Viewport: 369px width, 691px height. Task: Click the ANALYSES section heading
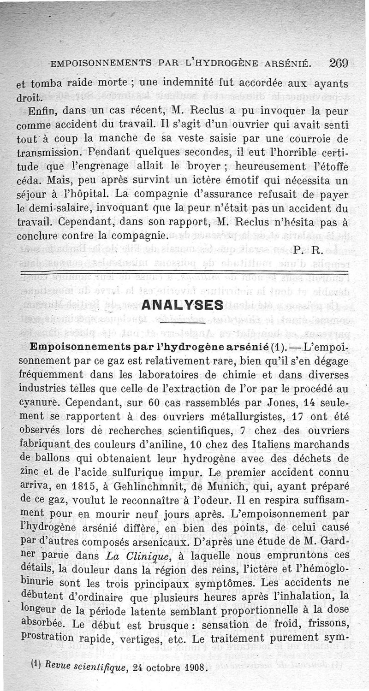(183, 305)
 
